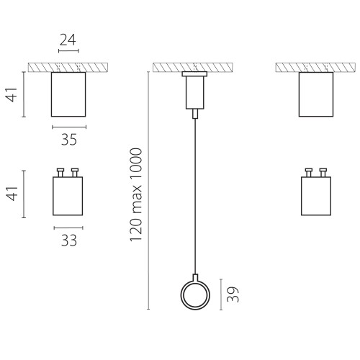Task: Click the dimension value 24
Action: [68, 40]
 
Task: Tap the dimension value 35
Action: [69, 140]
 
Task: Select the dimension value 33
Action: [69, 240]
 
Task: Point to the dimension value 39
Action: [233, 294]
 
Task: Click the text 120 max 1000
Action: [136, 195]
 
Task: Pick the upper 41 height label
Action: [12, 95]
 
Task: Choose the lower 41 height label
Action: [12, 194]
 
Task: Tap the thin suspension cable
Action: [195, 197]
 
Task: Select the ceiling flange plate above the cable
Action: [194, 74]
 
